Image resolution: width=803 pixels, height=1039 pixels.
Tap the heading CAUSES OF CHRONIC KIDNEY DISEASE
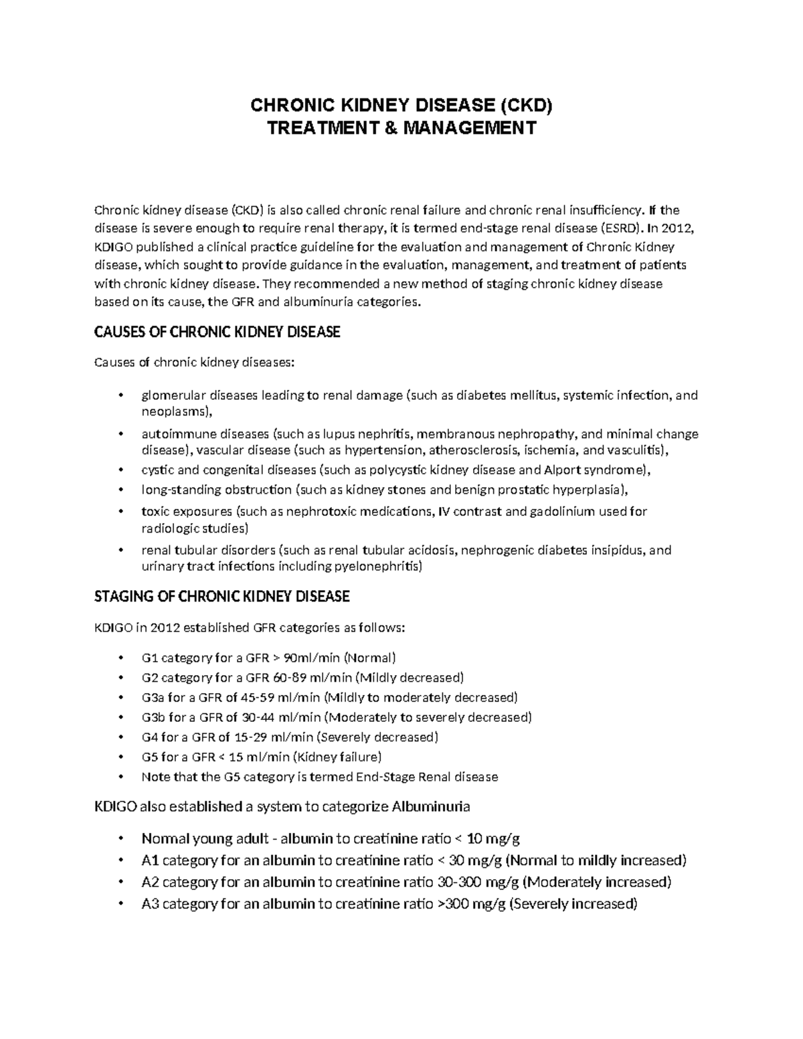(218, 332)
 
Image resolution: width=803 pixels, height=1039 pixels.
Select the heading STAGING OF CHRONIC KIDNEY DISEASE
(222, 595)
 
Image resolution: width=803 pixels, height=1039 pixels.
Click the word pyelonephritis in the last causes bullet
(381, 567)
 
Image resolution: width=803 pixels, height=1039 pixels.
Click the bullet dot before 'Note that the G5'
(120, 777)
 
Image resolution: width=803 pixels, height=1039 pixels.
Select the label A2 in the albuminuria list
(150, 882)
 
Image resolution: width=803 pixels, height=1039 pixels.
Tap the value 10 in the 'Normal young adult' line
(474, 838)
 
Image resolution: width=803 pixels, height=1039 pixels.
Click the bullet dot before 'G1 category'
(120, 658)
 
